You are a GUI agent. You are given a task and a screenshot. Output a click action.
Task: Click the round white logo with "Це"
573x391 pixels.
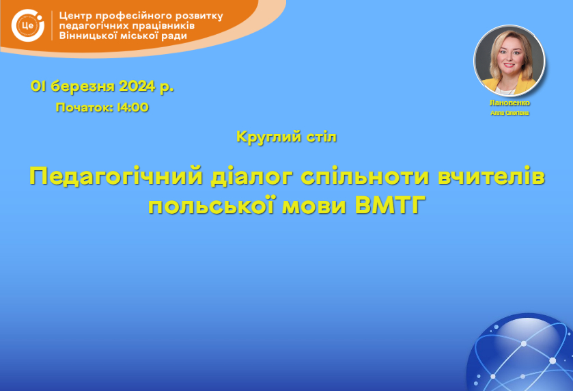(28, 25)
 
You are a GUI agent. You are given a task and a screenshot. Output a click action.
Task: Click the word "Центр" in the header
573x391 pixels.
(76, 16)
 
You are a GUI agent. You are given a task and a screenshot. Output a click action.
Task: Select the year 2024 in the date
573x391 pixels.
(137, 86)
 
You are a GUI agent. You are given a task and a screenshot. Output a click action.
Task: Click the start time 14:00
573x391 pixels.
(132, 107)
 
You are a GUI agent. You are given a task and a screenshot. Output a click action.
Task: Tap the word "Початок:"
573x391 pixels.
(85, 107)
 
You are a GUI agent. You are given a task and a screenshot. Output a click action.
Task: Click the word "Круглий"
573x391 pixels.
(264, 137)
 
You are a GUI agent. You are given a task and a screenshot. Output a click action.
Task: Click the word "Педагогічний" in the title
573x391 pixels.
(116, 176)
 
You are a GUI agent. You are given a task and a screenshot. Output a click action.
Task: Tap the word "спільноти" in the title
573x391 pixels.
(365, 176)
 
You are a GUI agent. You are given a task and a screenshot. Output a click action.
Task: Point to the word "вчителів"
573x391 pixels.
(492, 176)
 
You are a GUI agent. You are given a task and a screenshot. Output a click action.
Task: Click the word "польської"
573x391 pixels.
(212, 205)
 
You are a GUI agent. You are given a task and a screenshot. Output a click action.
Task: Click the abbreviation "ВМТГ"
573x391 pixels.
(390, 205)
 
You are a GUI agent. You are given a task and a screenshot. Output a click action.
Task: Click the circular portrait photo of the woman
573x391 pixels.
(509, 60)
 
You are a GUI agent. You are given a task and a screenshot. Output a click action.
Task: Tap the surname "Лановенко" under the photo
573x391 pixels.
(509, 103)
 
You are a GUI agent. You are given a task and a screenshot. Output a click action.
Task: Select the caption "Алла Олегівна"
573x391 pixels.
(509, 113)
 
